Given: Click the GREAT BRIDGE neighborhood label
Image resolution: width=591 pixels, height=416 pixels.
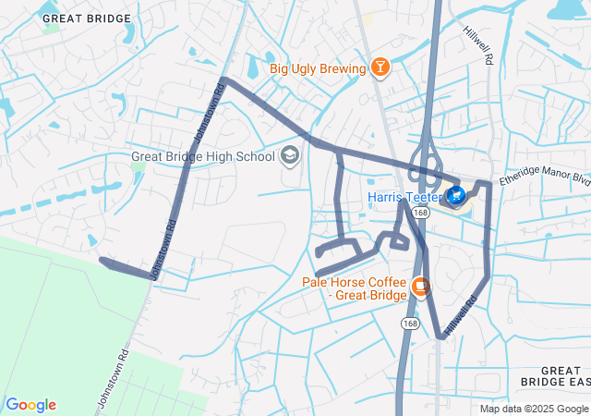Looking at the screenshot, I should (87, 18).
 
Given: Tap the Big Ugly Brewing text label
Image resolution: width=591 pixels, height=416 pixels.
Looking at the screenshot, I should (317, 67).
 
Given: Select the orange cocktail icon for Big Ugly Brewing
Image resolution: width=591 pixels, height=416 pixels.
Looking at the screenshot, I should (379, 67).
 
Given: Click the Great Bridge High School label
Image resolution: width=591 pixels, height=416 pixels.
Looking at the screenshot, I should (203, 156).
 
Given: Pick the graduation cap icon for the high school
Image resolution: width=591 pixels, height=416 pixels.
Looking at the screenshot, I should (290, 156).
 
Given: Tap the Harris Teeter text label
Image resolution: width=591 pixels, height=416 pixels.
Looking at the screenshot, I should (404, 197).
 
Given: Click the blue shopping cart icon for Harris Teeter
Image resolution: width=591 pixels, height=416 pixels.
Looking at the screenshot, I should (456, 196).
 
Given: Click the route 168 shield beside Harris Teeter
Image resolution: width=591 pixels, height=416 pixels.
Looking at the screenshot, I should (421, 213).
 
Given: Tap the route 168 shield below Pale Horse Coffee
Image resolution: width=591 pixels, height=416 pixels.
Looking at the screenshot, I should (410, 323).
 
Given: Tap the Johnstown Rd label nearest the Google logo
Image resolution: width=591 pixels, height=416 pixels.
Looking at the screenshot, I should (111, 380).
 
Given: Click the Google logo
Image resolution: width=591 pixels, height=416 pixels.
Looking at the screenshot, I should (31, 405).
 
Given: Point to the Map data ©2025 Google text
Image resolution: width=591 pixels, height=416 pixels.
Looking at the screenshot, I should (534, 409).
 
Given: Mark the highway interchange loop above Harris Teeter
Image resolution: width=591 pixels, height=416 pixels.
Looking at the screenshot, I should (423, 159).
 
